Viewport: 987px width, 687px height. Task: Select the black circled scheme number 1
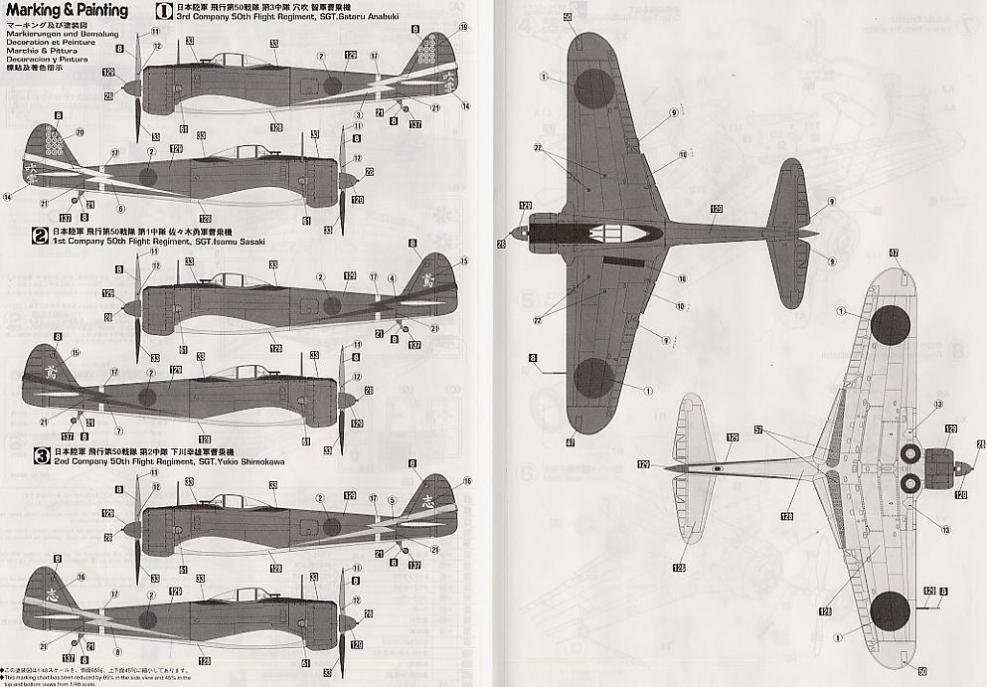165,13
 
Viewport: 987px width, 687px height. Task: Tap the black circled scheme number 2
40,236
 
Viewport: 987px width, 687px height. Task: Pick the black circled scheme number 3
40,456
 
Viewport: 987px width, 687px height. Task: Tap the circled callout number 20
80,132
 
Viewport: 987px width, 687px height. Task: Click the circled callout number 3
357,114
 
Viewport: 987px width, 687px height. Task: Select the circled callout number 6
119,208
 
